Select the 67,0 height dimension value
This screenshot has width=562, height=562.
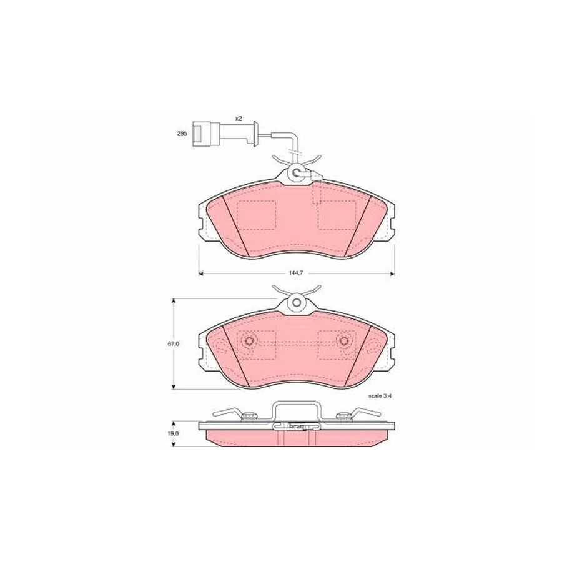[x=174, y=343]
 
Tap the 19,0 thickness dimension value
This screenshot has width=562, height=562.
[x=174, y=433]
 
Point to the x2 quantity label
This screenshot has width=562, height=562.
[x=239, y=118]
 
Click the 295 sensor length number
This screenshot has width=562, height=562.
[x=182, y=134]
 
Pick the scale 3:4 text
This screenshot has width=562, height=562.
[x=380, y=396]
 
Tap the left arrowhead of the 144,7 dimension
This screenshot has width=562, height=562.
[x=201, y=273]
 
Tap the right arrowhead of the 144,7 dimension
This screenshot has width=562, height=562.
[x=392, y=273]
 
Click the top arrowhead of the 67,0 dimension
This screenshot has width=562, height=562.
[x=174, y=302]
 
